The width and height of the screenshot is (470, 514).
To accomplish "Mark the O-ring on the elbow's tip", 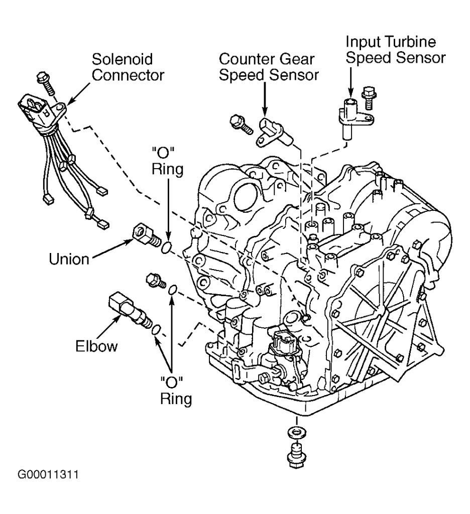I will (156, 329).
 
